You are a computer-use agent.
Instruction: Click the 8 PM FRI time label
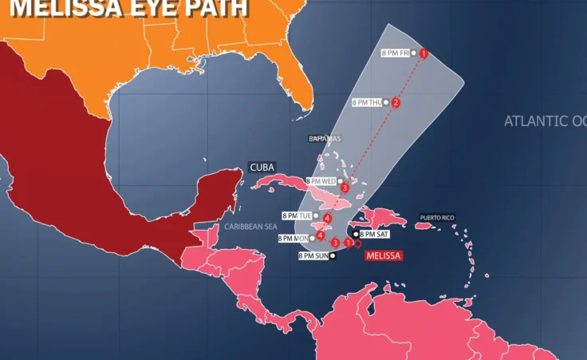click(396, 53)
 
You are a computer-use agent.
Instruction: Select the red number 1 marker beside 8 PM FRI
click(424, 53)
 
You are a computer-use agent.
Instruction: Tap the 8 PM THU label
click(368, 102)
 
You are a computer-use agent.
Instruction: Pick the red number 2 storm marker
click(396, 102)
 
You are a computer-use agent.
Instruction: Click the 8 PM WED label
click(321, 181)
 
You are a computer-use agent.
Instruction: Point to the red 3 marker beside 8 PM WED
click(345, 188)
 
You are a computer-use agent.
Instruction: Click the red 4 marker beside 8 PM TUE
click(327, 217)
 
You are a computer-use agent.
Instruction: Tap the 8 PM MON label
click(293, 238)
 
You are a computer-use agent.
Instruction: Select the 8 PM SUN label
click(313, 255)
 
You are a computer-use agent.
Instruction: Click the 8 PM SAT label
click(374, 234)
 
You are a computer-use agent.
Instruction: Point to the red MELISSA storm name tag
click(383, 255)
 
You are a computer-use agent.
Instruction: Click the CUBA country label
click(262, 167)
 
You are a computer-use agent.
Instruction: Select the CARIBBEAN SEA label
click(250, 227)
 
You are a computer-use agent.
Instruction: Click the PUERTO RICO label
click(437, 216)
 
